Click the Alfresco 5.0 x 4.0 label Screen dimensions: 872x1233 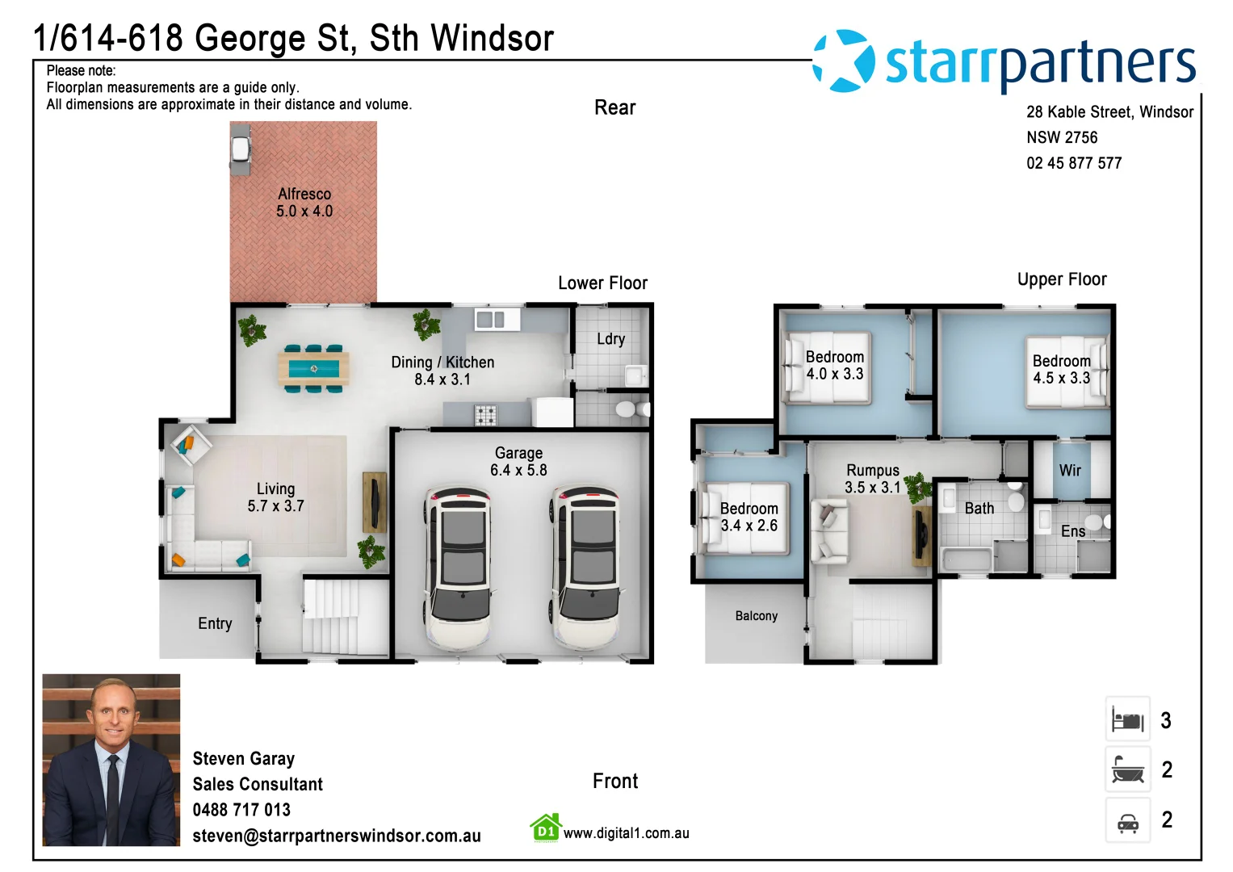304,203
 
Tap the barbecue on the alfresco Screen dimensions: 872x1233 241,150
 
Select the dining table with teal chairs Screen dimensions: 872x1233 313,368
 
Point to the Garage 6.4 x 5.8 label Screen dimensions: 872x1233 518,462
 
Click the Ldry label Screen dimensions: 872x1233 610,339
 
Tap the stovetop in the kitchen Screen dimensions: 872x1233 485,415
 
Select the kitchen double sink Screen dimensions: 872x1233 490,320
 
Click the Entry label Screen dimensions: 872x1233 215,623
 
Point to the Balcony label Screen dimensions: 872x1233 756,616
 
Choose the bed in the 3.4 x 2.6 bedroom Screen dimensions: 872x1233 744,518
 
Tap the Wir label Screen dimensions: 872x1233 1070,470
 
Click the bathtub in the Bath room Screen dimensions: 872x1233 966,559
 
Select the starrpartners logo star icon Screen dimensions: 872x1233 844,61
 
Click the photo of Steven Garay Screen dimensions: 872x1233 111,760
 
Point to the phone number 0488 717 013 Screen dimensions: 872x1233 241,810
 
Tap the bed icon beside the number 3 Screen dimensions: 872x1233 1127,719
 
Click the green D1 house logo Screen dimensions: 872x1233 546,828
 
